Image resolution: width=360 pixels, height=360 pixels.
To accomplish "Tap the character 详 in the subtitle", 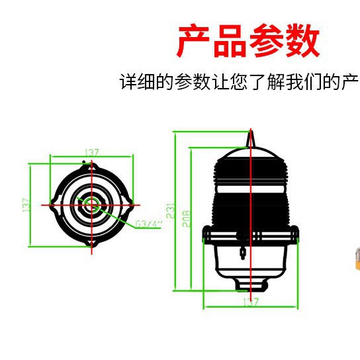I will [x=128, y=83].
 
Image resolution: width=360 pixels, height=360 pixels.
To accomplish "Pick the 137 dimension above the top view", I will [x=91, y=153].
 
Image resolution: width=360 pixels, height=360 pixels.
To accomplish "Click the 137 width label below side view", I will [x=250, y=302].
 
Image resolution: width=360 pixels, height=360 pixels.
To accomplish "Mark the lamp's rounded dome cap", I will [x=250, y=157].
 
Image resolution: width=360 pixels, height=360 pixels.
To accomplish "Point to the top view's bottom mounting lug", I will [x=91, y=245].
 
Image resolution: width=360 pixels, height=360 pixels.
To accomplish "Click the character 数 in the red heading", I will [x=304, y=41].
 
